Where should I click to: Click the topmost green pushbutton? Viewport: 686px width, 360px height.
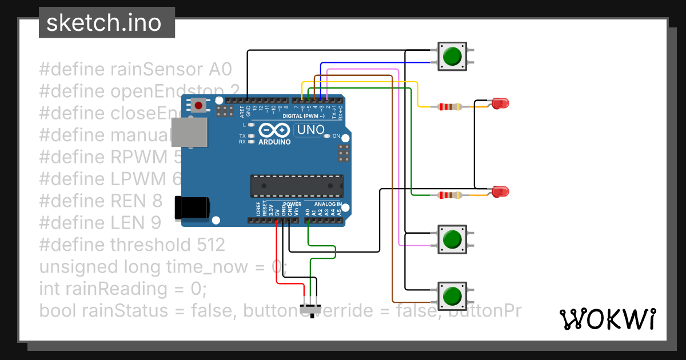452,56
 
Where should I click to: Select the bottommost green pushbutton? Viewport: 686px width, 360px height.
452,295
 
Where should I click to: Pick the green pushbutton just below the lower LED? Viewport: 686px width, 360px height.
452,239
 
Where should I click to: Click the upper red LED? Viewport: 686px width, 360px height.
500,103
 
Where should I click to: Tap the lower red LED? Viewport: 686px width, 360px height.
500,191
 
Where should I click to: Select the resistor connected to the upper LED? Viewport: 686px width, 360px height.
450,106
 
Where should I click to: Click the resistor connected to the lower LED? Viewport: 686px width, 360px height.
450,195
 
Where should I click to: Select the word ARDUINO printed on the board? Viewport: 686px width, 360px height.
274,141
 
